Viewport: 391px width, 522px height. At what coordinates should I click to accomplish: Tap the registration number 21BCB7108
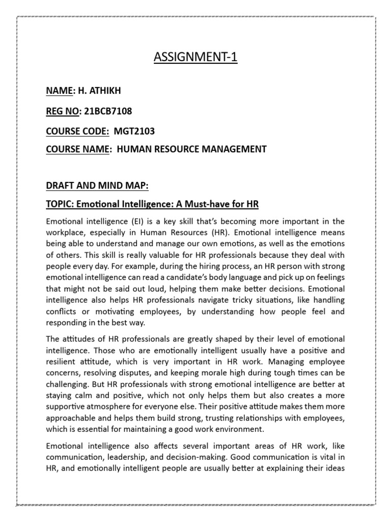107,111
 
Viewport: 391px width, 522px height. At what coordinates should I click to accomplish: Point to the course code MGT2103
134,132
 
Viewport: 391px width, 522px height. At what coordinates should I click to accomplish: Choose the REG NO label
59,111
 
